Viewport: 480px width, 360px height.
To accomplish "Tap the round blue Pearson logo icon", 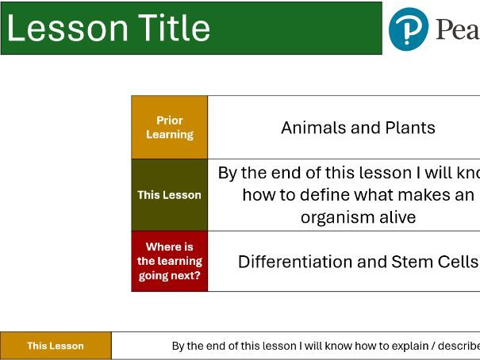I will [x=409, y=29].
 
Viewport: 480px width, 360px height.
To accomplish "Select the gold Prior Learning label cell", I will [x=169, y=128].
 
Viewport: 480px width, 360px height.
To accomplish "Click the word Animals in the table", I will [x=313, y=128].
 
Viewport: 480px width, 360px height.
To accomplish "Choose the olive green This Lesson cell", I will [x=169, y=195].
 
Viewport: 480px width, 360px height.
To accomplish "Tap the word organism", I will [x=337, y=217].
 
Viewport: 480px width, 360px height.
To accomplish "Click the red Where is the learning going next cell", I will [x=169, y=261].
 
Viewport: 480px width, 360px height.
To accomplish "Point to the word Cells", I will [x=458, y=262].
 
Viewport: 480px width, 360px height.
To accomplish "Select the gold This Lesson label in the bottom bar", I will [x=56, y=346].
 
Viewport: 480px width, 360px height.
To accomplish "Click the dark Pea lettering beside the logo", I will [x=457, y=30].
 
